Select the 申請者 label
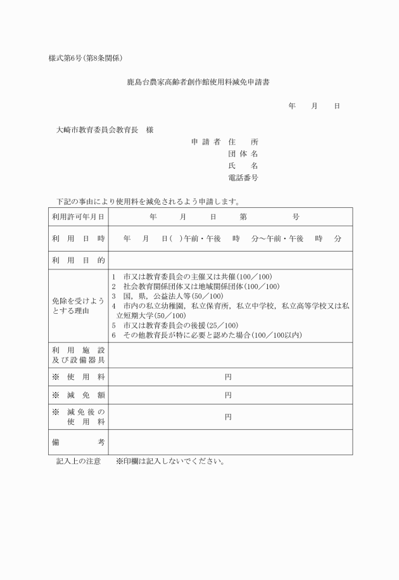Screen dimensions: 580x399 tap(205, 141)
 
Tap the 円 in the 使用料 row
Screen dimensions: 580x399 tap(228, 377)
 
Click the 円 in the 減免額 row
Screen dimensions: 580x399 tap(228, 395)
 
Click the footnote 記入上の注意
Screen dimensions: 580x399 tap(79, 461)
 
